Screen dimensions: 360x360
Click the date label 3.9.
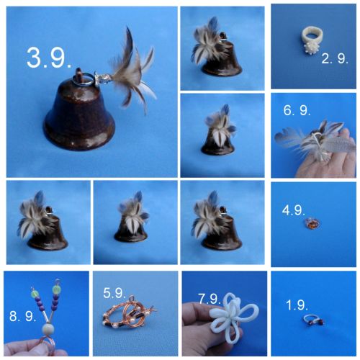click(x=49, y=58)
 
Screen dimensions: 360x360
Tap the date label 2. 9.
click(x=335, y=58)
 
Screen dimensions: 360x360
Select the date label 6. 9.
click(x=297, y=110)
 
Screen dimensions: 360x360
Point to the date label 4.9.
click(x=294, y=210)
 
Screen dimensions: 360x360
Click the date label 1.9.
click(x=297, y=305)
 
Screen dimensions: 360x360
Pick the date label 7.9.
click(x=210, y=299)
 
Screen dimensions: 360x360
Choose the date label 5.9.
click(x=114, y=293)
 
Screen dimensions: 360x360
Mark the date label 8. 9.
click(x=22, y=316)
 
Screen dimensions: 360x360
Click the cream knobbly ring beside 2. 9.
click(x=311, y=40)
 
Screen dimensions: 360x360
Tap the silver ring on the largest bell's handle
click(x=83, y=79)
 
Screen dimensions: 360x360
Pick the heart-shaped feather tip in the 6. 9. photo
click(x=286, y=135)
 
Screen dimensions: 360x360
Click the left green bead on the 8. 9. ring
click(x=35, y=293)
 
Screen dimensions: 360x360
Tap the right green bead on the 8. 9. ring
click(x=57, y=288)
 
